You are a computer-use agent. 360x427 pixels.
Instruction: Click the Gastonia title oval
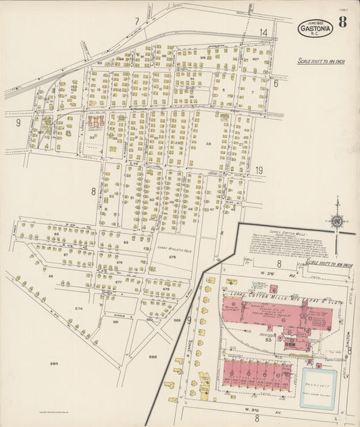tap(315, 28)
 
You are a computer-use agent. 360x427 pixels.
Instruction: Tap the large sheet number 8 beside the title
tap(343, 22)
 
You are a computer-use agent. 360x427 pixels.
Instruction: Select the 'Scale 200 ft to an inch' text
tap(322, 61)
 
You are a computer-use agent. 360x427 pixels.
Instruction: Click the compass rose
tap(336, 220)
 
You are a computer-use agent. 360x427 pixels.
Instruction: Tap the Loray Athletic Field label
tap(172, 249)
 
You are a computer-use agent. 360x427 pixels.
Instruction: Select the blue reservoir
tap(318, 388)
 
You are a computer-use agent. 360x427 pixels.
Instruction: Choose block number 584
tap(54, 363)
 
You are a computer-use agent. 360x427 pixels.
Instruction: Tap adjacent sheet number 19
tap(259, 171)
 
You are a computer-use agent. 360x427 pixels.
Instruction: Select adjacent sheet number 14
tap(263, 32)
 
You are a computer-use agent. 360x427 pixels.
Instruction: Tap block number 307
tap(255, 59)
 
